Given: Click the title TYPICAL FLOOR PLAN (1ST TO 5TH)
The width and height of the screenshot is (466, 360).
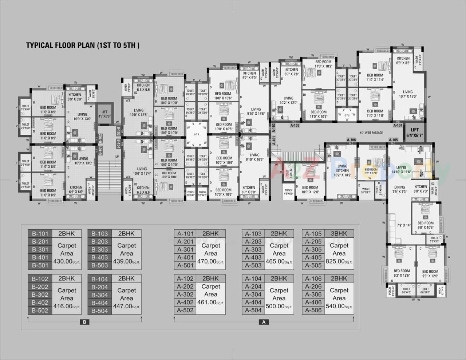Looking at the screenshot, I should click(83, 46).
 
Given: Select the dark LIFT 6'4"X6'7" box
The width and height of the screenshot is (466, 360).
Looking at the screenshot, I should click(414, 132).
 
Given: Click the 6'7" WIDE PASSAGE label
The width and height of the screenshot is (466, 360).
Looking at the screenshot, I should click(371, 132).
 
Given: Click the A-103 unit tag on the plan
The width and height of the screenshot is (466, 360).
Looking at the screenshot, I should click(295, 125).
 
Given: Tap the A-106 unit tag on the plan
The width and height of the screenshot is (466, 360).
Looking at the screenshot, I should click(351, 140).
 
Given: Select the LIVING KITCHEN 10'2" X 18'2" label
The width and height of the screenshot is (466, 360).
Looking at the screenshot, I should click(342, 170).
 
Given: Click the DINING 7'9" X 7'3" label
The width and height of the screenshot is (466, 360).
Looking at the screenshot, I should click(399, 189).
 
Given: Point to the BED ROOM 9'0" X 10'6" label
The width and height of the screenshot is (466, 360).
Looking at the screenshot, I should click(426, 225).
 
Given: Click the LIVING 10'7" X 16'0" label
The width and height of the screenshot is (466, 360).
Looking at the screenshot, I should click(408, 94).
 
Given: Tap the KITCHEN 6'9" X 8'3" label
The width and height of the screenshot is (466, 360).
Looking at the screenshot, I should click(403, 60).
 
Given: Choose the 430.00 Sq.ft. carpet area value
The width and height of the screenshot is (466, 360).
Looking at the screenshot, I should click(67, 261).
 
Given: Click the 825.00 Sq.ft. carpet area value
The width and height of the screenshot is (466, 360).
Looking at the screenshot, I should click(339, 261).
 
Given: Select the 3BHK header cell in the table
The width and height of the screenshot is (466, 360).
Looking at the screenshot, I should click(339, 234).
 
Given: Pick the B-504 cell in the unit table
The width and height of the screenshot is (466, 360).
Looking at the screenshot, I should click(99, 311).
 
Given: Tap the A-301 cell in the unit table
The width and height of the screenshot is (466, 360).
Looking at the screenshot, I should click(185, 250).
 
